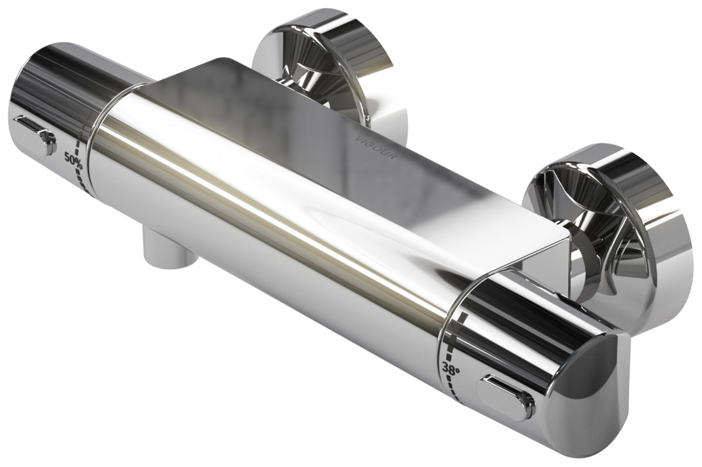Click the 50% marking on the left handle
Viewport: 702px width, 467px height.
point(74,161)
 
